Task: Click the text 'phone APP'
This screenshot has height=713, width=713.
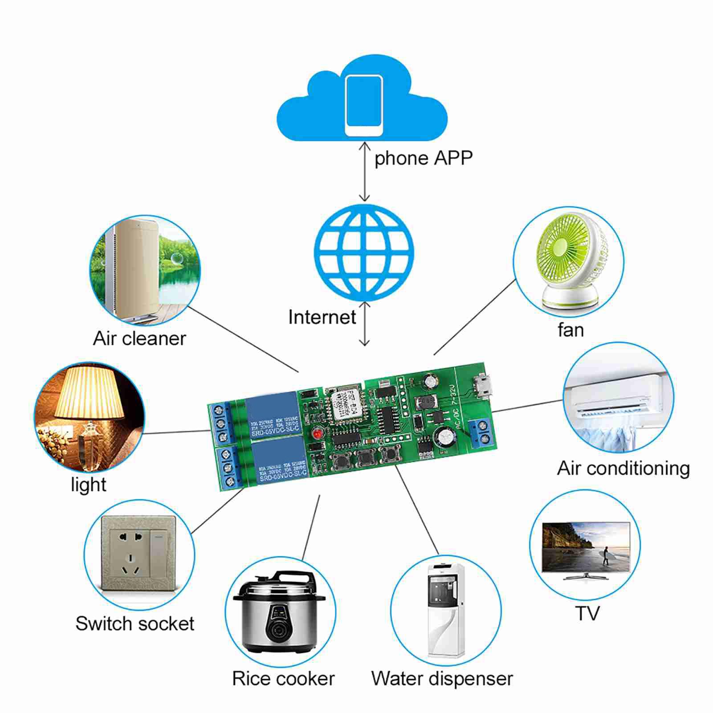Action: [423, 158]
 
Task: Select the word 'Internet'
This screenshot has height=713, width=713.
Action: [322, 318]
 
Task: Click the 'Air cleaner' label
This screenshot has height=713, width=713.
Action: [139, 339]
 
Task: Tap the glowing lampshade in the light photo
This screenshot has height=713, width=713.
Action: [89, 392]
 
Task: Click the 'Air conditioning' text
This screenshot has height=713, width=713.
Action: [623, 469]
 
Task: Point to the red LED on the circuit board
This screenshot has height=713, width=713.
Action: [317, 433]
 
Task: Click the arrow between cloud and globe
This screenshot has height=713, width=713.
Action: [365, 172]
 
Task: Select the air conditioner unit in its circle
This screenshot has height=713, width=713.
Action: [617, 396]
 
